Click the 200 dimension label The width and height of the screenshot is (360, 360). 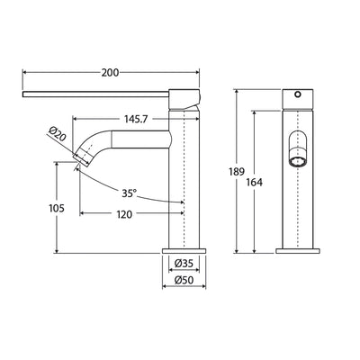(110, 73)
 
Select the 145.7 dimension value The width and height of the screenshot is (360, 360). (136, 119)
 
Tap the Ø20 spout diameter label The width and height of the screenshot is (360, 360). (57, 134)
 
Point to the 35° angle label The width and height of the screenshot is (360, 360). (129, 193)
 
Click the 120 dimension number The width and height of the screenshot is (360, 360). (124, 214)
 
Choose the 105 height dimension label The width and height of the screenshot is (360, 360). (57, 208)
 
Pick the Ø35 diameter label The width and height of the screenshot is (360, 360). (184, 264)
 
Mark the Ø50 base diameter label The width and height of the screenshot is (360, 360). (184, 280)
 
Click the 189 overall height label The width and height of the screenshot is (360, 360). (237, 172)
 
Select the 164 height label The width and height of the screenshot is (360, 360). (255, 182)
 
